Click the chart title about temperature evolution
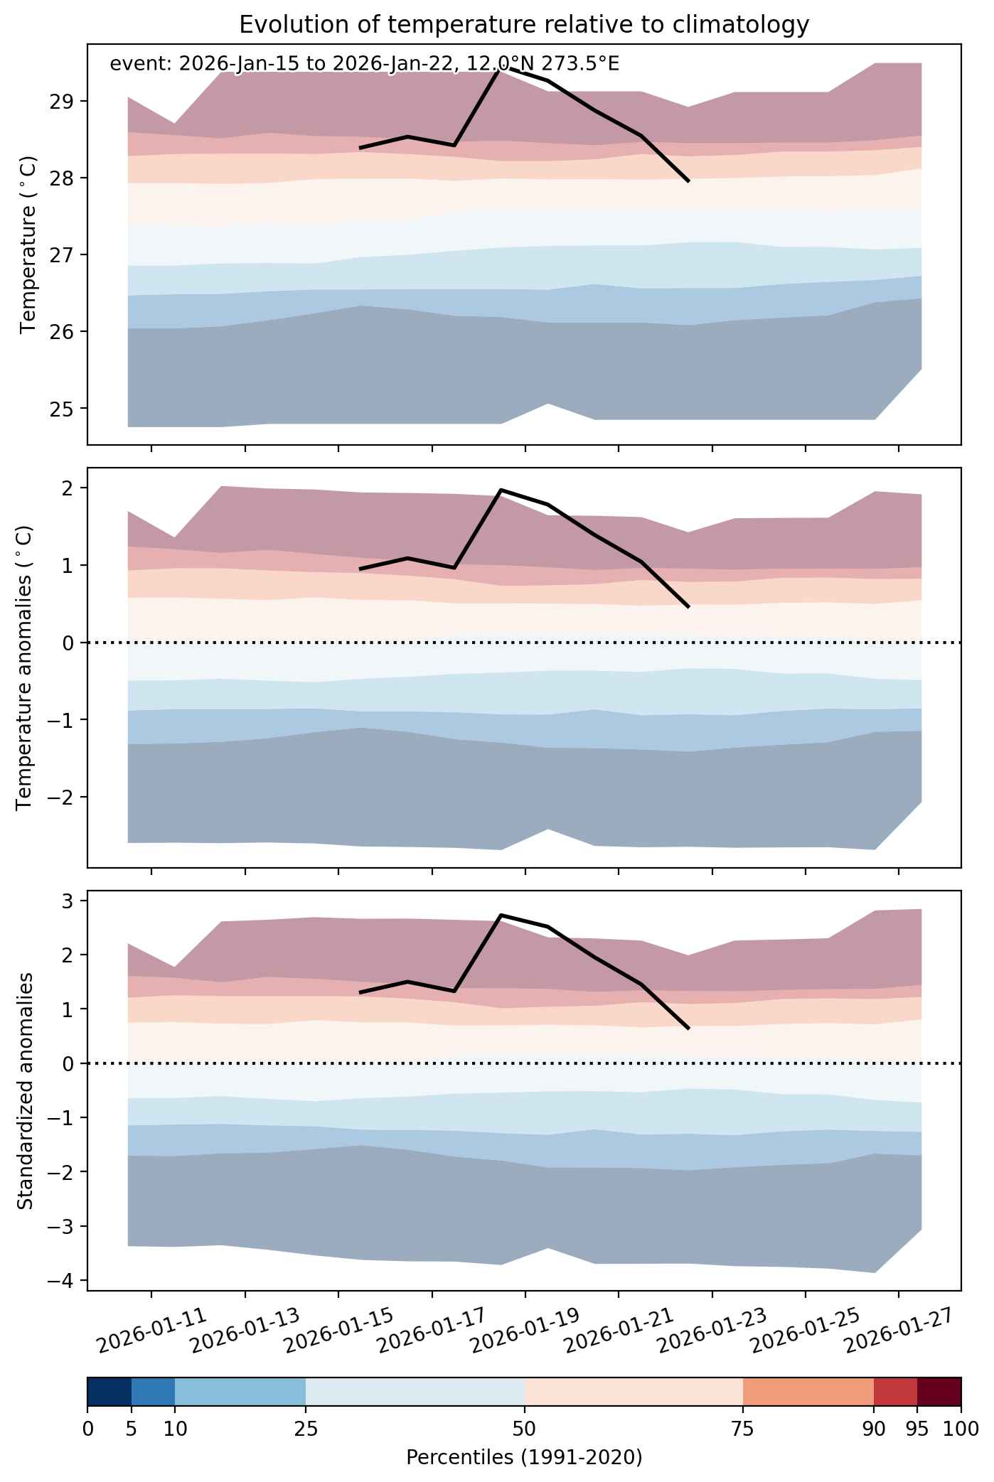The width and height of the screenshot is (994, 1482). pyautogui.click(x=524, y=25)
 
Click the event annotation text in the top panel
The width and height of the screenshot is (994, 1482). pyautogui.click(x=365, y=64)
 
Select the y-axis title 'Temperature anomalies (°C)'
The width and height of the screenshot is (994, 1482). pyautogui.click(x=25, y=667)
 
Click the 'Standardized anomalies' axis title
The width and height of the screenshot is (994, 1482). pyautogui.click(x=25, y=1090)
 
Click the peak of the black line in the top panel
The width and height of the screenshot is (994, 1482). pyautogui.click(x=501, y=69)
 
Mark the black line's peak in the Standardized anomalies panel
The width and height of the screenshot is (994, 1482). pyautogui.click(x=501, y=915)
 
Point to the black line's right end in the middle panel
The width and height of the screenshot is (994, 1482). pyautogui.click(x=688, y=607)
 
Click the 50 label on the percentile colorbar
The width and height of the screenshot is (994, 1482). pyautogui.click(x=524, y=1428)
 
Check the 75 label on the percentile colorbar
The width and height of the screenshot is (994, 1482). pyautogui.click(x=743, y=1428)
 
